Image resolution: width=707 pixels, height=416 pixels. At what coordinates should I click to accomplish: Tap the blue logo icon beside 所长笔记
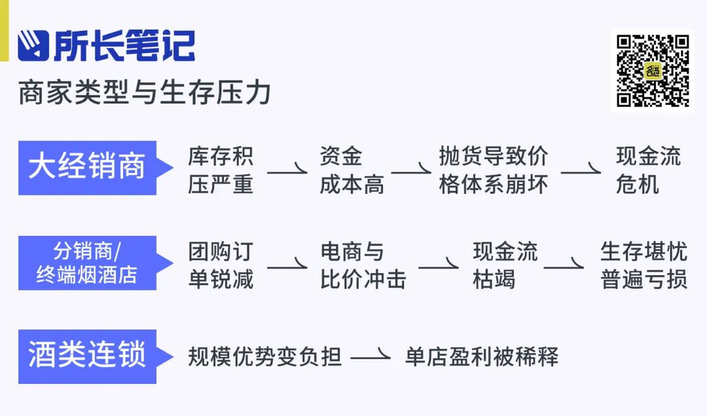point(33,45)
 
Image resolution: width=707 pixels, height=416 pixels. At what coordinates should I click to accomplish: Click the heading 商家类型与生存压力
point(145,93)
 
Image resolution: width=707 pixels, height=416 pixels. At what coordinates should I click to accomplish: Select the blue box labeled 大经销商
point(88,168)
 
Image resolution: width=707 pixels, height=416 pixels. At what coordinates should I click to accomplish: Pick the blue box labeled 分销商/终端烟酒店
point(88,262)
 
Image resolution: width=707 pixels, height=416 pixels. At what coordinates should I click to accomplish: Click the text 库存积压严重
point(221,170)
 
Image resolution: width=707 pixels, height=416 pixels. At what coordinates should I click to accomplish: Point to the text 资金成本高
point(351,170)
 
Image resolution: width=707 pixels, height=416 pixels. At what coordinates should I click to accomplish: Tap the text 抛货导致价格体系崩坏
point(493,170)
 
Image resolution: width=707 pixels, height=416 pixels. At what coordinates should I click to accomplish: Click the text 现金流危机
point(638,170)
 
